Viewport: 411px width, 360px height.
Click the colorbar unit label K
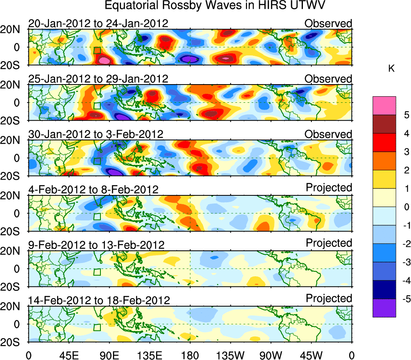[391, 69]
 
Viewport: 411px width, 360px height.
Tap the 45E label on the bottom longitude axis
[68, 355]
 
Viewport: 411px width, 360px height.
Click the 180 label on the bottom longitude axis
[190, 355]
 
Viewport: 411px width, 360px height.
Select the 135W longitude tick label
[230, 355]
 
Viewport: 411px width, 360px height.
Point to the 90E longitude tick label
[109, 355]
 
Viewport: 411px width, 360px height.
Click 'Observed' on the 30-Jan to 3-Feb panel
[328, 134]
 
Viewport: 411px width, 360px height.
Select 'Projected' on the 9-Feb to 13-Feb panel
[329, 243]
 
